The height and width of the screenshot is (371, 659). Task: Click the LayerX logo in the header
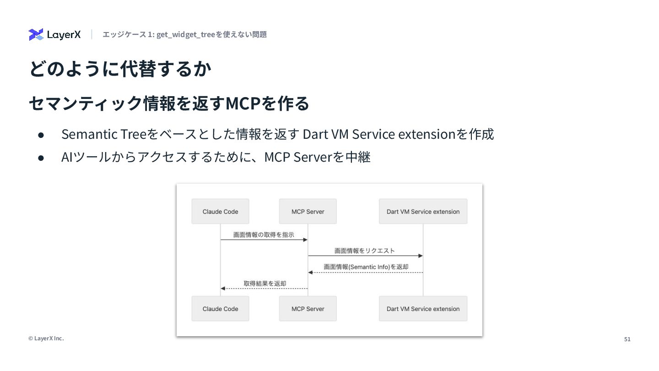coord(54,34)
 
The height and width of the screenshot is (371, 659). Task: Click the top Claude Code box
coord(220,211)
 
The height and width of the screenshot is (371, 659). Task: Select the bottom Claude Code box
coord(220,309)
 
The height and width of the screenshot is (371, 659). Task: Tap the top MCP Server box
coord(308,211)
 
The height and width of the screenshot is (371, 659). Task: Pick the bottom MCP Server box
coord(308,309)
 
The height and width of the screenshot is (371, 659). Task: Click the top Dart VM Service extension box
coord(423,211)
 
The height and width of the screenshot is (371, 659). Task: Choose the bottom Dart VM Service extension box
coord(423,309)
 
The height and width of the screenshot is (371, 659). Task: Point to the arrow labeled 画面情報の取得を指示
coord(264,240)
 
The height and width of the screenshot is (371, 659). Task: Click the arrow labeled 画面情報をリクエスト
coord(365,256)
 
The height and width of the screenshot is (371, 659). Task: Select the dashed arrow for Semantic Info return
coord(365,273)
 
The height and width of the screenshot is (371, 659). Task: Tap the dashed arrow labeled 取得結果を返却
coord(264,289)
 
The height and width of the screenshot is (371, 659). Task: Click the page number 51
coord(627,339)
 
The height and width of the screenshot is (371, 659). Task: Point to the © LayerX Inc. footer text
coord(46,338)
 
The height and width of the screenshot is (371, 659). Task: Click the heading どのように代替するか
coord(120,69)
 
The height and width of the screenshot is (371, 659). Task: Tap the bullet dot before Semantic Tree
coord(41,135)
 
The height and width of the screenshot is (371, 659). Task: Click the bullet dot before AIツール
coord(41,158)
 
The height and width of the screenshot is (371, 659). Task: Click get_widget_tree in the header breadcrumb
coord(186,34)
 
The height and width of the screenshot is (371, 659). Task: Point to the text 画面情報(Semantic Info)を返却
coord(366,267)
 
